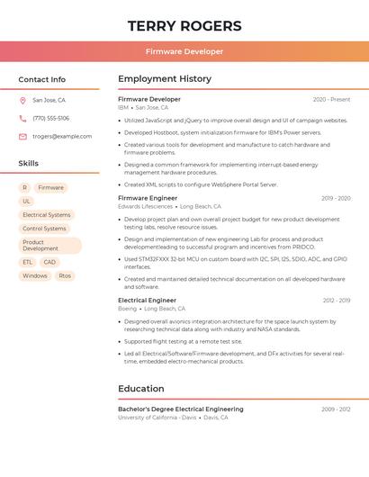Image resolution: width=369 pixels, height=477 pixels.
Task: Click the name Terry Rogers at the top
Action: click(x=184, y=25)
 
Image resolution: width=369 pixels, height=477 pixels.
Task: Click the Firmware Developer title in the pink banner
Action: click(x=184, y=51)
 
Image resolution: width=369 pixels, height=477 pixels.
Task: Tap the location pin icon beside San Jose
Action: click(x=22, y=100)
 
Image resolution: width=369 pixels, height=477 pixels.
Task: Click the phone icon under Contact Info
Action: click(x=22, y=118)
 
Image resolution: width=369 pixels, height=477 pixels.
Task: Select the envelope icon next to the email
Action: click(x=22, y=137)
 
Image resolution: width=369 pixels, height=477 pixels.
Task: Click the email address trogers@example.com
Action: click(x=62, y=137)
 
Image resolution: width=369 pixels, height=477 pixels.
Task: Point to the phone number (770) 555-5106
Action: click(x=51, y=118)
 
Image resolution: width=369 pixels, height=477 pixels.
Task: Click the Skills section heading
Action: click(x=29, y=163)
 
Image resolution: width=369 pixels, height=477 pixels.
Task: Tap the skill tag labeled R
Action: click(x=24, y=188)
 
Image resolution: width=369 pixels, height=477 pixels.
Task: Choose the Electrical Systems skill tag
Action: click(x=47, y=215)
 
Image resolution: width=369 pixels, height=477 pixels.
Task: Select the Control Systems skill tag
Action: click(x=45, y=229)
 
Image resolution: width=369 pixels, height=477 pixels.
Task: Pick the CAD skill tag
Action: click(x=49, y=262)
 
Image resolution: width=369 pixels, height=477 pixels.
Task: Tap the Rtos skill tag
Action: click(x=65, y=275)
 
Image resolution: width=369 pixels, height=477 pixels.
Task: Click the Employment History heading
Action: click(x=165, y=79)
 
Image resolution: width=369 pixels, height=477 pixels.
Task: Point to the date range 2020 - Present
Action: click(x=331, y=99)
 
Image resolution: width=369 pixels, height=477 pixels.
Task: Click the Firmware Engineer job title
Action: click(x=148, y=198)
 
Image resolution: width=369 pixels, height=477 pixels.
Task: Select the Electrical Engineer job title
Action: click(x=147, y=301)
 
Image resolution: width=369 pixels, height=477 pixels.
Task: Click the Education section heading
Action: click(x=141, y=389)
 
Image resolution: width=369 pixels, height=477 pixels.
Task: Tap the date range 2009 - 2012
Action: click(x=336, y=409)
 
